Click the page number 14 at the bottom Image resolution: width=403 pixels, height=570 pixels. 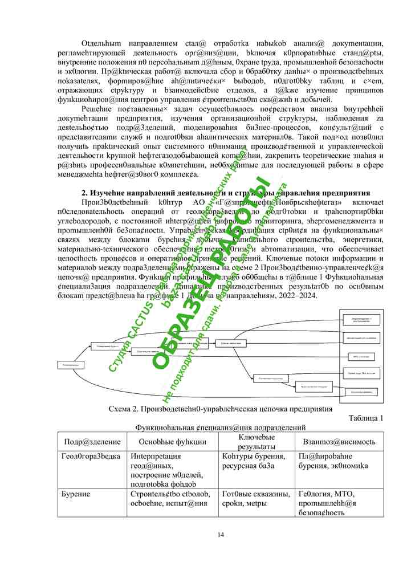[221, 534]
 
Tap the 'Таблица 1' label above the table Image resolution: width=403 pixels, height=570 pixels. [365, 418]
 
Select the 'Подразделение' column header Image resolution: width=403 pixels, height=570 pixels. [92, 442]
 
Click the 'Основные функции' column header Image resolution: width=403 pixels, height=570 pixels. [172, 442]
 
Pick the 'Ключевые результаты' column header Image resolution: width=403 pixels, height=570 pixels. [257, 442]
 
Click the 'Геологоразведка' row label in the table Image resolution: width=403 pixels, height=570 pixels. [91, 457]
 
